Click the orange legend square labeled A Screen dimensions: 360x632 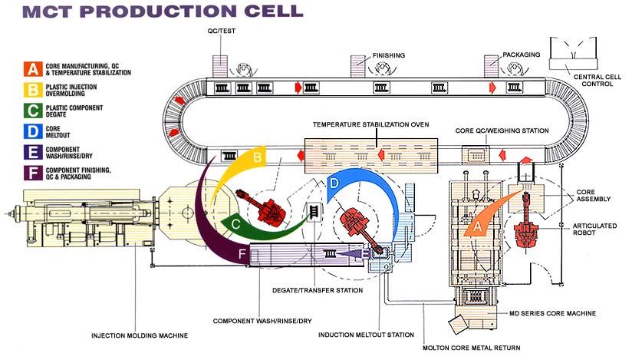click(x=33, y=68)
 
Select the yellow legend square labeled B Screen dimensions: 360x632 click(x=33, y=89)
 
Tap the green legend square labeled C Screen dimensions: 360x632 click(x=33, y=111)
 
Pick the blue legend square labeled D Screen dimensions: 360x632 click(x=33, y=131)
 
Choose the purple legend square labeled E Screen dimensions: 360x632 click(x=33, y=152)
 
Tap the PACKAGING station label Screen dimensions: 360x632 click(x=522, y=55)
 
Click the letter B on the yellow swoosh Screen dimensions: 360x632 click(x=258, y=158)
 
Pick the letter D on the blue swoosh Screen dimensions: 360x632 click(x=333, y=183)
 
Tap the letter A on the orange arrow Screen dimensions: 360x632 click(x=479, y=226)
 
